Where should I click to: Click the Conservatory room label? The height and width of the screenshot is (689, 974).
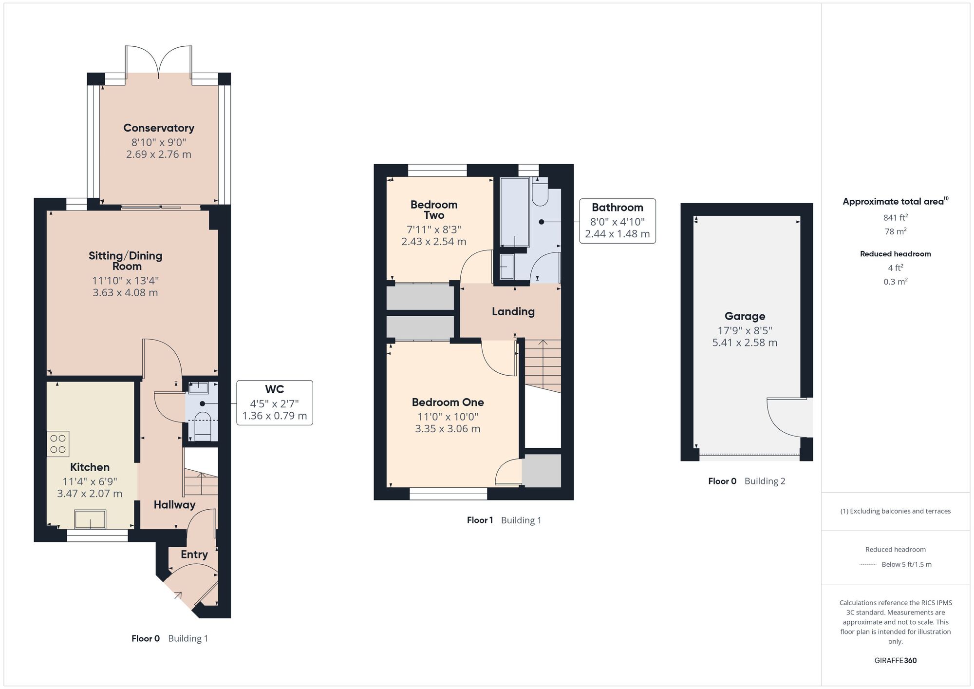coord(159,128)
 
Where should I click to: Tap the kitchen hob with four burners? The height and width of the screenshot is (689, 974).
coord(58,444)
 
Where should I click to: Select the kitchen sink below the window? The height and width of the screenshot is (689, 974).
coord(90,519)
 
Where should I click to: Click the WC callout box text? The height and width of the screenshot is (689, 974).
coord(275,402)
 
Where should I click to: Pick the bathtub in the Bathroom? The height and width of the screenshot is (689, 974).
coord(515,212)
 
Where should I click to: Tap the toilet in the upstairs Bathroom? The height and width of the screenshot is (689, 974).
coord(540,191)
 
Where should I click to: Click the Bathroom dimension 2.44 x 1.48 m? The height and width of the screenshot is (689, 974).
coord(618,234)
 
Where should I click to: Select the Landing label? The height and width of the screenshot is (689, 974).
coord(513,311)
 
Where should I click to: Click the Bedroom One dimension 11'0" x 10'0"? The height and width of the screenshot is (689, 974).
coord(448,417)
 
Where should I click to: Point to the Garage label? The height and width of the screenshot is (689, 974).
coord(745,316)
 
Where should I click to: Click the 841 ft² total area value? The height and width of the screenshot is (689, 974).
coord(895,217)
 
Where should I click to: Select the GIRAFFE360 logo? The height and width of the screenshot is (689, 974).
coord(895,661)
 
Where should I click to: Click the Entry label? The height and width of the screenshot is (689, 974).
coord(194,555)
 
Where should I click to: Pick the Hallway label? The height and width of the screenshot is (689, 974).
coord(174,505)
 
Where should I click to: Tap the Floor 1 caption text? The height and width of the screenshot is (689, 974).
coord(480,520)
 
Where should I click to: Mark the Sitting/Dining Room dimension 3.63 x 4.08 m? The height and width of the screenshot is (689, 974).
coord(126,293)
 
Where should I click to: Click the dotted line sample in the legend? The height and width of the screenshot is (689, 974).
coord(868,565)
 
